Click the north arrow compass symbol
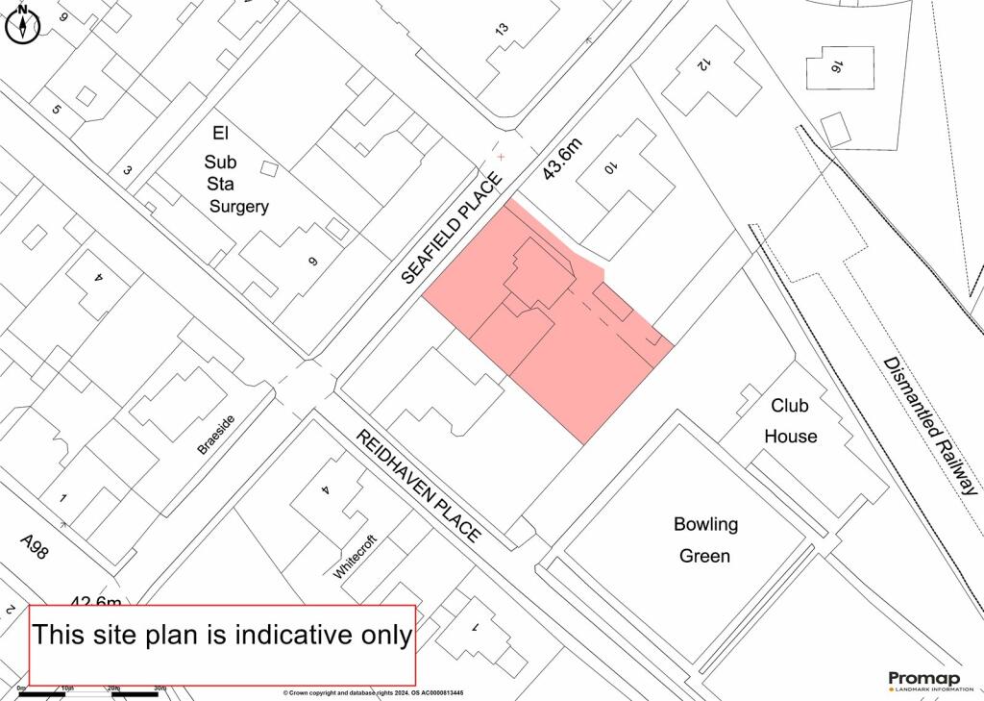21,25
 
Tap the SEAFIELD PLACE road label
452,228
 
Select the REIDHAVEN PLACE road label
417,487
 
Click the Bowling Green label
705,539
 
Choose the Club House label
791,421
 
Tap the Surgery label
240,207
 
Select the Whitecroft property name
356,556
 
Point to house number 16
837,66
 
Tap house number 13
502,30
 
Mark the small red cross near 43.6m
500,156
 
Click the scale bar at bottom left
91,691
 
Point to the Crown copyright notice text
374,692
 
